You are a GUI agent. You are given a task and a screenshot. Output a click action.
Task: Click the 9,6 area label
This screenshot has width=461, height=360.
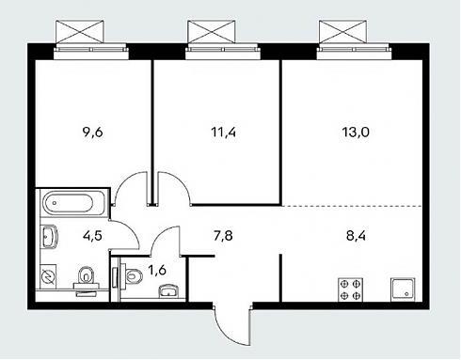tap(92, 133)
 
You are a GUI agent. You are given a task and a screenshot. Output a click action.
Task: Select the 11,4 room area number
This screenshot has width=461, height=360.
tap(224, 133)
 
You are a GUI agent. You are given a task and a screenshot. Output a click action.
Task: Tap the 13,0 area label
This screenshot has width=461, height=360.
tap(356, 133)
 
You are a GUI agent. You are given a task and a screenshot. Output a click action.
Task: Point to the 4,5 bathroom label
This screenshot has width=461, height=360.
tap(92, 236)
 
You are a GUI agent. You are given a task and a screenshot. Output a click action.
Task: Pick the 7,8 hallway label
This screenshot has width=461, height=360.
tap(223, 236)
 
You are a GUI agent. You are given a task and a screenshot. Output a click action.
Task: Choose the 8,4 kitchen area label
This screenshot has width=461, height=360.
tap(356, 236)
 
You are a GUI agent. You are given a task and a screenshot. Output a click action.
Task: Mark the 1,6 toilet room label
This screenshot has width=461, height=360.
tap(157, 270)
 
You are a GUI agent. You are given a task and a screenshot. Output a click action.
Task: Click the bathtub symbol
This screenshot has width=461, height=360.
tap(69, 203)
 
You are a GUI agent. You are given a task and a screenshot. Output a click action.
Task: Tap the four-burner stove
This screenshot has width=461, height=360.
tap(350, 290)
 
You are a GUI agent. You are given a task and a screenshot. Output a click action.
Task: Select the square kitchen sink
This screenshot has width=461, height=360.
tap(403, 290)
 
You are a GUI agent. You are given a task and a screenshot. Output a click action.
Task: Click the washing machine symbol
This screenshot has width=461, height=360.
tap(48, 277)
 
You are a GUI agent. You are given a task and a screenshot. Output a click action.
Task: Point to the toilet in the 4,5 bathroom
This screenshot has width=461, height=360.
tap(86, 279)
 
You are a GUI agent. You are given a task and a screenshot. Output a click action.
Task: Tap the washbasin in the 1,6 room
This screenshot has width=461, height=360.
tap(168, 291)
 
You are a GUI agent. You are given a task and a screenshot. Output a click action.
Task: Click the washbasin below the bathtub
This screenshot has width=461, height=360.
tap(49, 237)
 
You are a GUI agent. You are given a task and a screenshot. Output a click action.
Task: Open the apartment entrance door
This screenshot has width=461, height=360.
tap(232, 324)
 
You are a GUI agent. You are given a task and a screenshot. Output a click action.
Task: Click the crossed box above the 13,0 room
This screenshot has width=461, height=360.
tap(342, 32)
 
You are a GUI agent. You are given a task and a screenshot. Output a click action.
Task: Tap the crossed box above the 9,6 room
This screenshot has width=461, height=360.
tap(79, 32)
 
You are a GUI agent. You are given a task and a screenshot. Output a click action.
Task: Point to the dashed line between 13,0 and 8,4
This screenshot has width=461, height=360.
tap(353, 206)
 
